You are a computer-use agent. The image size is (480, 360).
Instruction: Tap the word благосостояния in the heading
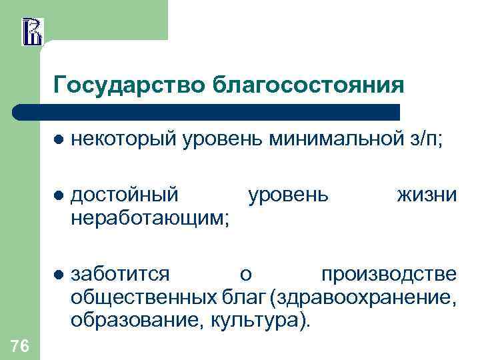tap(308, 86)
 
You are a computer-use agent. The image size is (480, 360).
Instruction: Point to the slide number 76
tap(20, 345)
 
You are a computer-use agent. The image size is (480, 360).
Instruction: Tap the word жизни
tap(427, 195)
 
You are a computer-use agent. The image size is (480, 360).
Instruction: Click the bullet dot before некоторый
tap(59, 140)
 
